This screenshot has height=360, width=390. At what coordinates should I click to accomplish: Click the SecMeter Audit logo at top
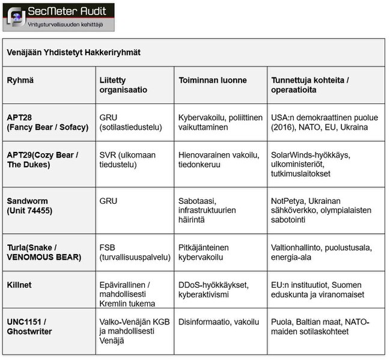point(58,16)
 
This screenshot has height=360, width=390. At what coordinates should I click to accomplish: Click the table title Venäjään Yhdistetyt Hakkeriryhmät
point(73,52)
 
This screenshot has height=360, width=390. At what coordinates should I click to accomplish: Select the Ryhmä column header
point(20,80)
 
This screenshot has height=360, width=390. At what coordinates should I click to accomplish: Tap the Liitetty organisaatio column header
point(123,85)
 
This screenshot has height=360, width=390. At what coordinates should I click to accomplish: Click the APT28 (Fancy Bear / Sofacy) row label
point(47,123)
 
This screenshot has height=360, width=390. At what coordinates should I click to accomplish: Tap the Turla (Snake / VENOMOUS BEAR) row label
point(43,252)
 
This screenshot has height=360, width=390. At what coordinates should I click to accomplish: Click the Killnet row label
point(20,284)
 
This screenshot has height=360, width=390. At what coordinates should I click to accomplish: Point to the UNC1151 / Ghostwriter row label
point(29,326)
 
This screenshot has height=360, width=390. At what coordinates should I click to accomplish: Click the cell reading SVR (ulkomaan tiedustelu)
point(127,159)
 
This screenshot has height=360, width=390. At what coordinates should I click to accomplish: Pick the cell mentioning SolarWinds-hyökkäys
point(311,164)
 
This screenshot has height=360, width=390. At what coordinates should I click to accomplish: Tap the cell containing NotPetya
point(321,210)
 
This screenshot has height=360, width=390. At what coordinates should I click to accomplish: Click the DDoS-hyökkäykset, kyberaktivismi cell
point(213,289)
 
